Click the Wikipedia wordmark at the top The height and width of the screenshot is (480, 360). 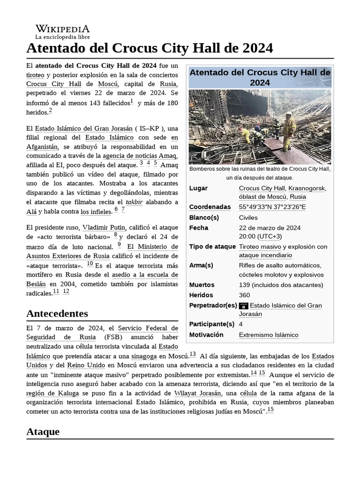coord(62,29)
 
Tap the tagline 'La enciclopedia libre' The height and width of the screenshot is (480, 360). coord(62,37)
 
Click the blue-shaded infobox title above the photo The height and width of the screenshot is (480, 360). coord(260,77)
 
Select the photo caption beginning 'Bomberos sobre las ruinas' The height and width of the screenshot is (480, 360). coord(260,173)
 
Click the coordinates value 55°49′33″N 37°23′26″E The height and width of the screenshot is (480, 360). coord(272,207)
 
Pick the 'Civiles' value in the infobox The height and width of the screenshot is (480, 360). coord(248,217)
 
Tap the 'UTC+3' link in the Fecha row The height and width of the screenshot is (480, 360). coord(271,236)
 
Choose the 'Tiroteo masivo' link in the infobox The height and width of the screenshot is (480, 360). coord(260,247)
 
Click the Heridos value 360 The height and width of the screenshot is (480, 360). coord(244,295)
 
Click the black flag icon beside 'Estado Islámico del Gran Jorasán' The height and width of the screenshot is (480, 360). coord(243,306)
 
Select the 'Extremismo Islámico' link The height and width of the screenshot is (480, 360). coord(268,335)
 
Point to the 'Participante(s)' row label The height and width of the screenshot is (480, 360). coord(211,324)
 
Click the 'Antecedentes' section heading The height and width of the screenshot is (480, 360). coord(57,313)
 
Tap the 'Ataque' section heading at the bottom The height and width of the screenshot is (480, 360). coord(43,432)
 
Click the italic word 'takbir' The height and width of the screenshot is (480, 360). coord(134,202)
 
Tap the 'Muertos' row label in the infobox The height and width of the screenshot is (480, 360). coord(202,285)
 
